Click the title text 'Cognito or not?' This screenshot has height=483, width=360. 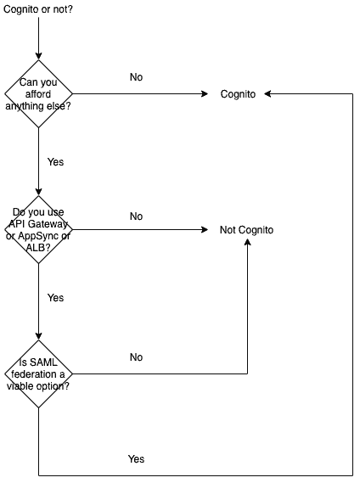(38, 9)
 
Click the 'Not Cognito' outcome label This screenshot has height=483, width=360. (246, 230)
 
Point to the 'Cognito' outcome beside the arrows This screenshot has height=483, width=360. (238, 94)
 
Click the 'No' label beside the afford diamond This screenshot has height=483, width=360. (136, 77)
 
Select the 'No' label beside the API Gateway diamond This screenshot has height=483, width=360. (136, 216)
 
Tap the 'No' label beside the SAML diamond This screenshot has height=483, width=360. (136, 357)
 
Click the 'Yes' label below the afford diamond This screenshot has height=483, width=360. (55, 162)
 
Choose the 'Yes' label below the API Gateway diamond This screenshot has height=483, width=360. (55, 298)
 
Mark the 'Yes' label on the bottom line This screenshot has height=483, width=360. (136, 458)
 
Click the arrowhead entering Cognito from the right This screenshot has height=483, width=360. (267, 93)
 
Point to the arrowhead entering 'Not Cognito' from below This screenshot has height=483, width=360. (248, 242)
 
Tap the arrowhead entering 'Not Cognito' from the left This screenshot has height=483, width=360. (205, 229)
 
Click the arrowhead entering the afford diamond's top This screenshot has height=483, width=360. (38, 56)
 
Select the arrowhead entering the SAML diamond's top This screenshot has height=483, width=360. (38, 337)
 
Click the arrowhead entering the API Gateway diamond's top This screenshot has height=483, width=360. (38, 192)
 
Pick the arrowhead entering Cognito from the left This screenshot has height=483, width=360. (205, 93)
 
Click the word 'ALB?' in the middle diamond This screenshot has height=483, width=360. (38, 247)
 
